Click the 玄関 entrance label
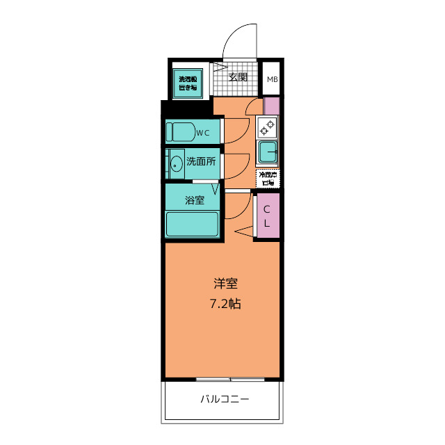coord(238,77)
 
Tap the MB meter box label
coord(272,79)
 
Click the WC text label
coord(202,132)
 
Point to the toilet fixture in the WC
coord(182,131)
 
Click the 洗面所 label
coord(200,161)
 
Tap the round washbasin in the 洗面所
coord(176,164)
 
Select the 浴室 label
coord(195,200)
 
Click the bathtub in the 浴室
coord(192,225)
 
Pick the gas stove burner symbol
coord(267,127)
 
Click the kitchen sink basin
coord(267,151)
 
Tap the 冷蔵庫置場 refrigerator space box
coord(267,178)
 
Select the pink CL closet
coord(268,215)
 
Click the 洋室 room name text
coord(226,284)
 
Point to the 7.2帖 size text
coord(225,304)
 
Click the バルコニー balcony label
coord(224,400)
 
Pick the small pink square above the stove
coord(272,106)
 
